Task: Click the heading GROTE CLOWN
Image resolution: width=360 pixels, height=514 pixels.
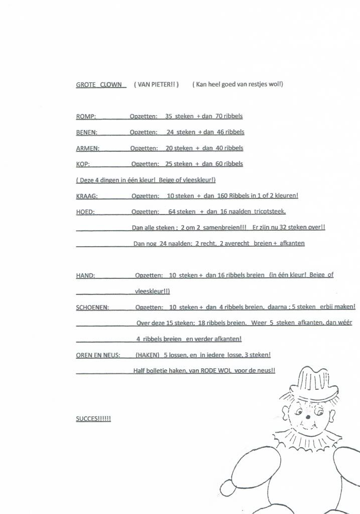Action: [x=99, y=84]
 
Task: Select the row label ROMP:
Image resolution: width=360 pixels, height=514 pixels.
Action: [x=86, y=117]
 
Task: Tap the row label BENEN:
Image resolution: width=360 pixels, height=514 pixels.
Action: [x=87, y=133]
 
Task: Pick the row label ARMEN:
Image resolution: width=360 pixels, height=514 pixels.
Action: [x=88, y=148]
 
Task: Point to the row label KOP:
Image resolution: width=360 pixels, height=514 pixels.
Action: [x=83, y=164]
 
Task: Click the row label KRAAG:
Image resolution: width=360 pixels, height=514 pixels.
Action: [x=87, y=196]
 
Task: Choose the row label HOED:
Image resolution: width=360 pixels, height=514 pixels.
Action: [x=85, y=212]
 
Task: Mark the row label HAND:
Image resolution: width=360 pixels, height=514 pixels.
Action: [x=85, y=275]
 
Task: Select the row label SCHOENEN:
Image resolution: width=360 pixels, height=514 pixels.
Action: [x=93, y=307]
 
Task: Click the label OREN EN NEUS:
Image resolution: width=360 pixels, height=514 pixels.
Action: [x=98, y=355]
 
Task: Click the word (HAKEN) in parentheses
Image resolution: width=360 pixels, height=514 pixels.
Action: [x=148, y=355]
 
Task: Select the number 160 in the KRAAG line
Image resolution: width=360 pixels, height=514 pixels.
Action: [x=222, y=196]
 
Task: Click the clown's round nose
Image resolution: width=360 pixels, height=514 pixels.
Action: [x=307, y=416]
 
